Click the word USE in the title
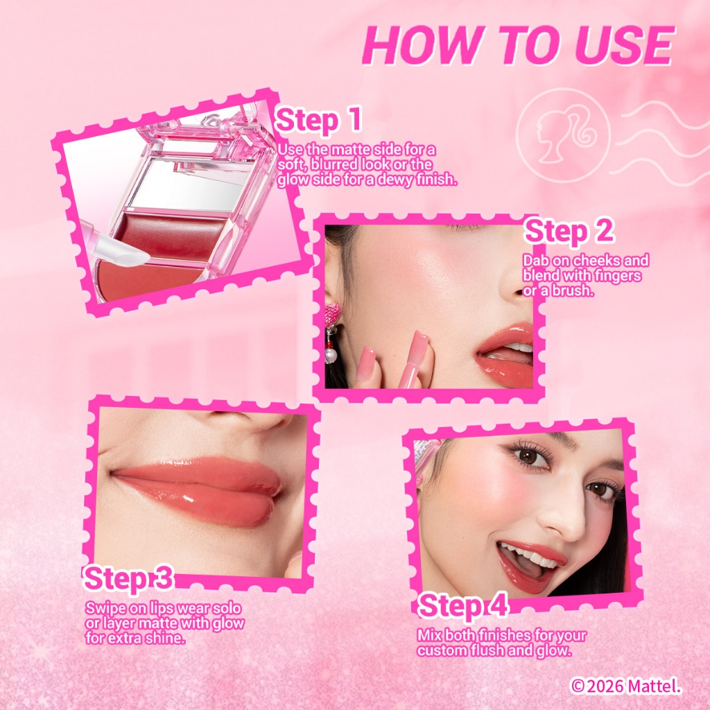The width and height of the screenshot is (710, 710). tap(625, 45)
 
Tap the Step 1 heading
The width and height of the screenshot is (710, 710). tap(318, 120)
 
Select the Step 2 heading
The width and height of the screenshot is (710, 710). tap(569, 231)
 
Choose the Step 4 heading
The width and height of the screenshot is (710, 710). tap(462, 605)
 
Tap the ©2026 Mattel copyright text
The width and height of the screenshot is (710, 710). tap(626, 686)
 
